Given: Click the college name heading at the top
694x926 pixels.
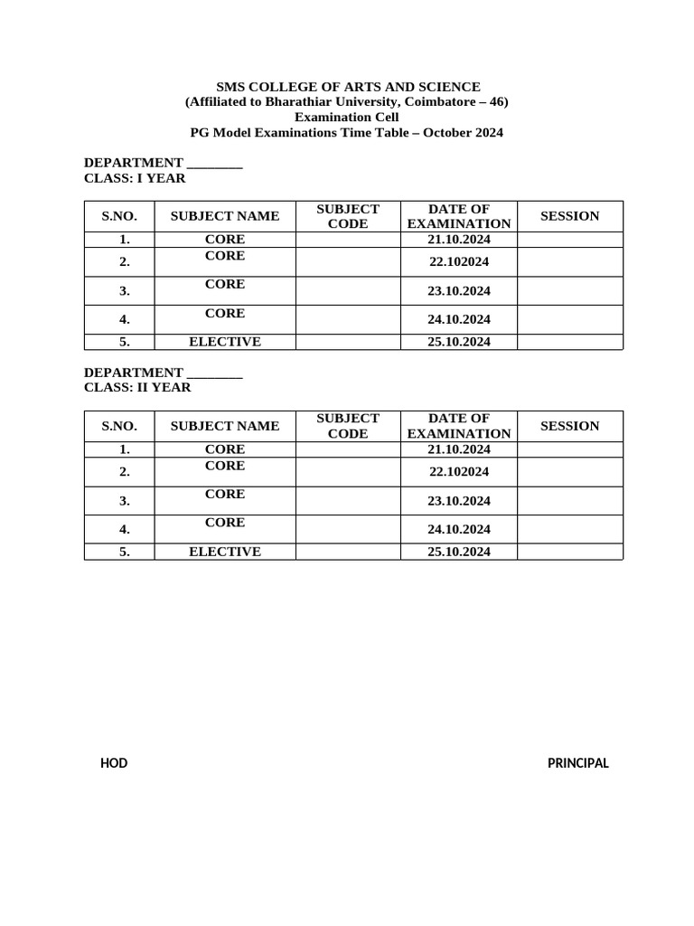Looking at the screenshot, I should [x=347, y=87].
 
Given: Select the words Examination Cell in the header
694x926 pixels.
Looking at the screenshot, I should [x=347, y=118].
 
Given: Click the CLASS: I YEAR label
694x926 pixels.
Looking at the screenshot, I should [x=135, y=178].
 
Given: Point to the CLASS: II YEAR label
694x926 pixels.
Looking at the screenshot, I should [x=137, y=388].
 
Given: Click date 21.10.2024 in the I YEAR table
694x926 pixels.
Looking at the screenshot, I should [x=459, y=240].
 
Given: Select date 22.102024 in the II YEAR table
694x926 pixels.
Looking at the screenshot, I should [x=459, y=472].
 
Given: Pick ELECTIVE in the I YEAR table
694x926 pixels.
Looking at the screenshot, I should [x=225, y=342].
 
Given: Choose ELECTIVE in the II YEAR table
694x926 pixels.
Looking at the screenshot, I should [x=225, y=552].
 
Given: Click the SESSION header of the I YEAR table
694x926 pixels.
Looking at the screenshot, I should [x=569, y=216].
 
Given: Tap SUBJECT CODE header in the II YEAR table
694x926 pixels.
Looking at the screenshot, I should [x=348, y=426].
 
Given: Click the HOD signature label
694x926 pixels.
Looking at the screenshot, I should [x=114, y=763].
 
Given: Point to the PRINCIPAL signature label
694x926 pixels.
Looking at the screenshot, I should [x=578, y=763].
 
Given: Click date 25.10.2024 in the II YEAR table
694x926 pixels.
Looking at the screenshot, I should [x=459, y=552].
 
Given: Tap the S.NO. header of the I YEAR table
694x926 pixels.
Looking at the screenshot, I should [x=119, y=216].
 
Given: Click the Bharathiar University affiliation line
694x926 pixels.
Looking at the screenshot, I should [x=347, y=102].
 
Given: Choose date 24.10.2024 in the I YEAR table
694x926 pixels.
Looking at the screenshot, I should [x=459, y=319].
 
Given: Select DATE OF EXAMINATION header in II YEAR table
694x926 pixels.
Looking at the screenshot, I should [x=459, y=426].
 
